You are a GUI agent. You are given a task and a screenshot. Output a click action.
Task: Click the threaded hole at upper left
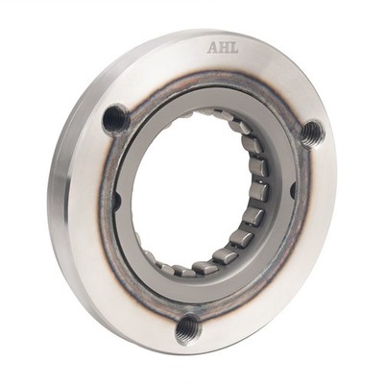[116, 119]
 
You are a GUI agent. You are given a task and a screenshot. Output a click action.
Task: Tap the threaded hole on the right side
[311, 133]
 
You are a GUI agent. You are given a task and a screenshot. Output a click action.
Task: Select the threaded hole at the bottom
[189, 329]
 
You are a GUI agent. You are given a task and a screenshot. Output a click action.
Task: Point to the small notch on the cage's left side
[117, 202]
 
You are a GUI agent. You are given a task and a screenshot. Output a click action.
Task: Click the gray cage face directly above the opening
[206, 99]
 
